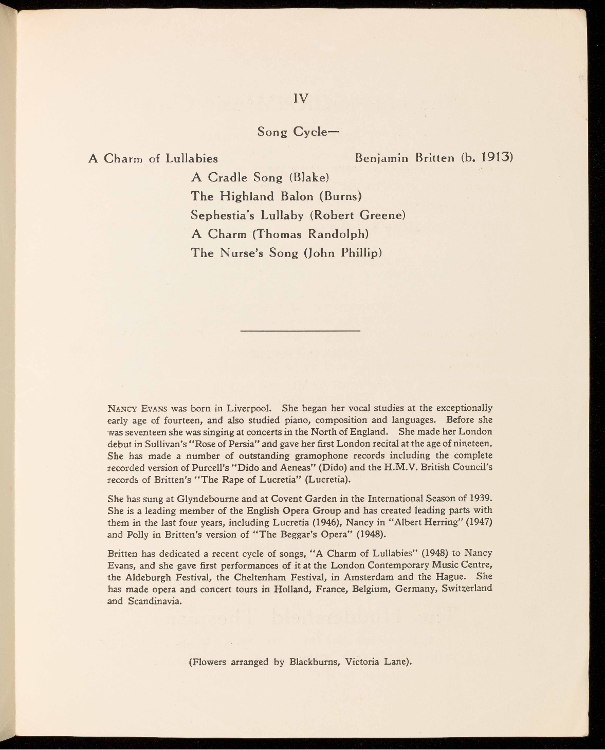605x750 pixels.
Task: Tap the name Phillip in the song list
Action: pos(361,253)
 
